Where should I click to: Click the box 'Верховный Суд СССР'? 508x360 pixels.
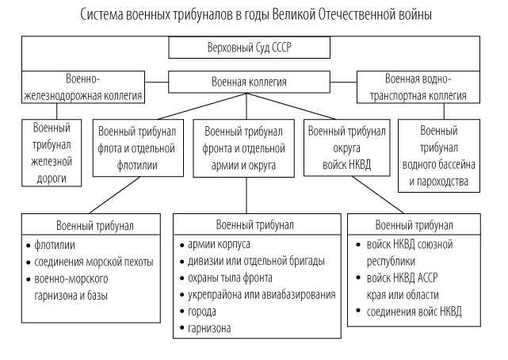249,48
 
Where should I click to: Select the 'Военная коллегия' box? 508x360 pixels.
249,82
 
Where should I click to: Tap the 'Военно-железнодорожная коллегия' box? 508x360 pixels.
83,87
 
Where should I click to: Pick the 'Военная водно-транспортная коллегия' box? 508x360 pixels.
418,87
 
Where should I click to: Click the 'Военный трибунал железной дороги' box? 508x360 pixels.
52,153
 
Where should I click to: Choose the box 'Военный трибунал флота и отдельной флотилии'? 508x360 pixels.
138,148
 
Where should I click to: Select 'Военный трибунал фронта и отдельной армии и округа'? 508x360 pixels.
243,148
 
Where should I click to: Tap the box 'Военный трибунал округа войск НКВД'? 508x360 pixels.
346,147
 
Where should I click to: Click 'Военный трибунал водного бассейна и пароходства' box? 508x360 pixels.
439,156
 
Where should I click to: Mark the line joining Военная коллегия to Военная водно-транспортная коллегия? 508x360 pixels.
343,82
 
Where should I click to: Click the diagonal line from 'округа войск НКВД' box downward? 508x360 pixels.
378,195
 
